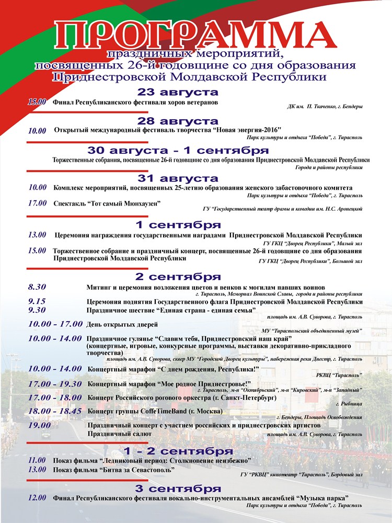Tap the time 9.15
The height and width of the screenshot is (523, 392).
pos(38,301)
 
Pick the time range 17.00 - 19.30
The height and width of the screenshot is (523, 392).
pos(55,383)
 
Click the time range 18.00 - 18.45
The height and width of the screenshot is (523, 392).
pos(55,411)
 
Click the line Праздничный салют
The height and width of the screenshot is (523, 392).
pos(116,434)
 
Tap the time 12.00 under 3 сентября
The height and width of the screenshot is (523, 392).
pos(38,497)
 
